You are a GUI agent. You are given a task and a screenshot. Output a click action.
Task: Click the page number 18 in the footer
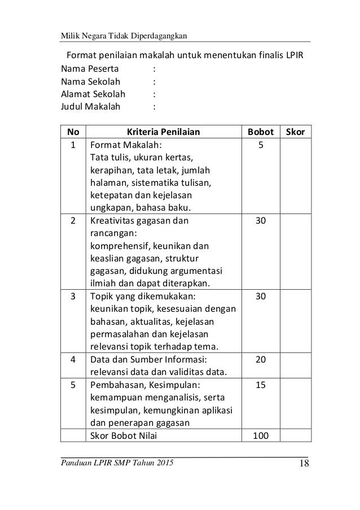pyautogui.click(x=301, y=465)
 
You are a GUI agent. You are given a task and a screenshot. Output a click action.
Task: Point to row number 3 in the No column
pyautogui.click(x=73, y=296)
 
